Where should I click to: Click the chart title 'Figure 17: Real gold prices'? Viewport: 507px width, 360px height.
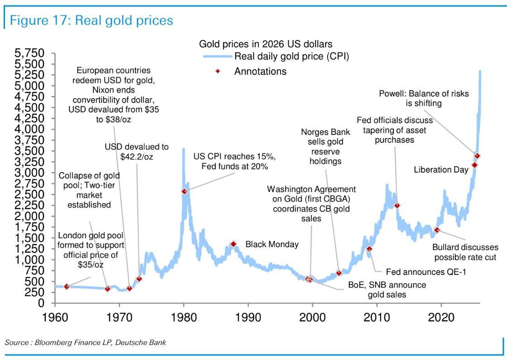[91, 20]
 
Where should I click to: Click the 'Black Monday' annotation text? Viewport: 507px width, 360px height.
[272, 245]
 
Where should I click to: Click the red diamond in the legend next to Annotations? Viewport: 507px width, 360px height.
[218, 71]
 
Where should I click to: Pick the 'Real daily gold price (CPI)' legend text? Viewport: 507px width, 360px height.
[292, 57]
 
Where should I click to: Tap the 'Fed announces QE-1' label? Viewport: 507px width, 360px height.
[426, 272]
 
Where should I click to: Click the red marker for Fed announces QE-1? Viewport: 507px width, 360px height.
[369, 249]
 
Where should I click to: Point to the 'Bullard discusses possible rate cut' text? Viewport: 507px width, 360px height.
[465, 252]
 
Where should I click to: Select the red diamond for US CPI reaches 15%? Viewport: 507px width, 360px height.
[184, 191]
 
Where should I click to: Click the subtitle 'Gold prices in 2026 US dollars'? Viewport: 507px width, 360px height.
[266, 44]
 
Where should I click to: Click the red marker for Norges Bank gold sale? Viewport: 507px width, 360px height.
[339, 273]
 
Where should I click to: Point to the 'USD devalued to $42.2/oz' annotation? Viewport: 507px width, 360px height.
[136, 151]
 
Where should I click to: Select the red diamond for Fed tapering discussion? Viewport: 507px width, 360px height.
[397, 205]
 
